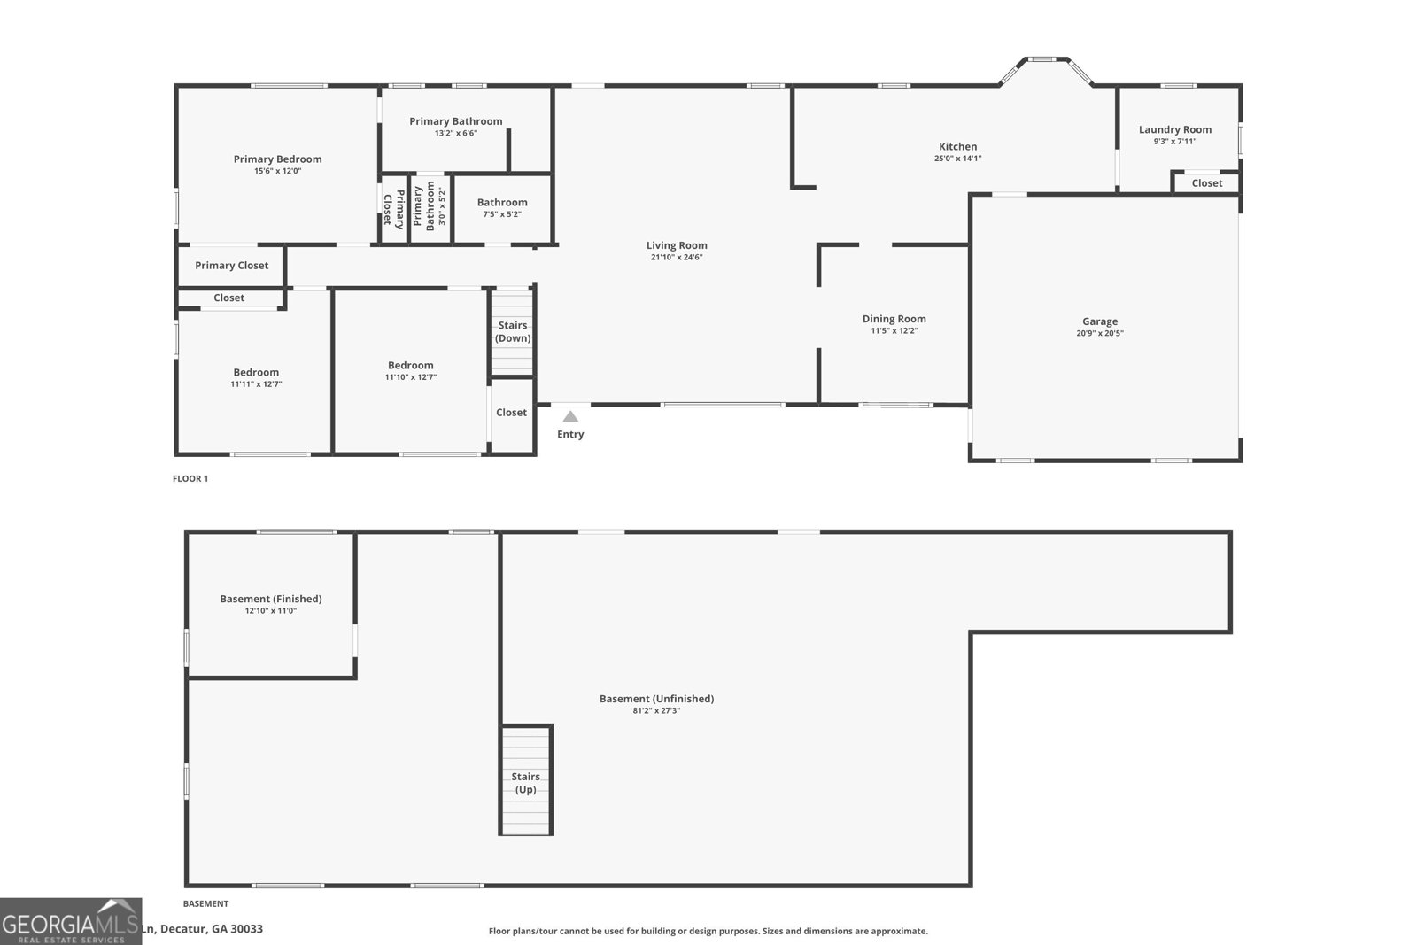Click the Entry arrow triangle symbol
[570, 416]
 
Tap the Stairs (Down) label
[513, 331]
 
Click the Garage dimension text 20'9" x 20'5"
[1100, 334]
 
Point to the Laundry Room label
[1174, 129]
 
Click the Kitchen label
[957, 147]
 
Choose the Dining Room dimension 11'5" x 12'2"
[894, 331]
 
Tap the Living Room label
[677, 245]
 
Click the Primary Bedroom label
[277, 159]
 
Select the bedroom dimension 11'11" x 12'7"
[256, 384]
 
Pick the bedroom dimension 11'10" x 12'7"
[410, 377]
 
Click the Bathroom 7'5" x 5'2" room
[502, 208]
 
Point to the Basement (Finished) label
[270, 599]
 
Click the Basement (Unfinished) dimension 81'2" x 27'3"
[656, 710]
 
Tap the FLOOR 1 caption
[190, 479]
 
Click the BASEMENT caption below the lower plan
[205, 904]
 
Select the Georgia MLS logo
[71, 921]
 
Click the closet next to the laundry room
[1206, 183]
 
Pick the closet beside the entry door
[511, 413]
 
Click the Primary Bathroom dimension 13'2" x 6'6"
[455, 134]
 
